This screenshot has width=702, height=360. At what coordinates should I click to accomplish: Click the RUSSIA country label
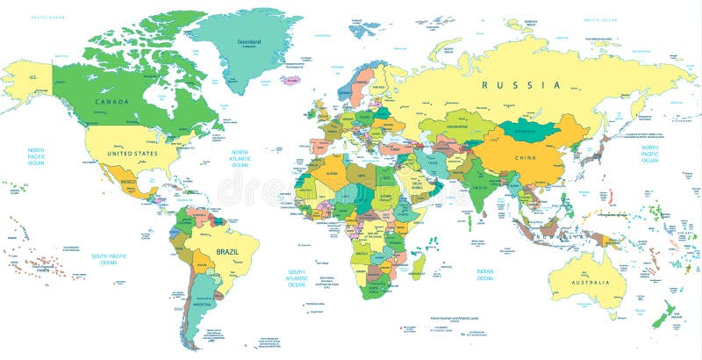pyautogui.click(x=520, y=85)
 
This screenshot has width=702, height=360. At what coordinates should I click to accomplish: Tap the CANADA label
pyautogui.click(x=111, y=102)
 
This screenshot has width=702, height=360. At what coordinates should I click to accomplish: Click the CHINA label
pyautogui.click(x=526, y=158)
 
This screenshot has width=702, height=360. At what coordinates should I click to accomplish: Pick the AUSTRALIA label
pyautogui.click(x=590, y=282)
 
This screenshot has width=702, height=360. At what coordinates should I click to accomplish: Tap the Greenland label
pyautogui.click(x=249, y=41)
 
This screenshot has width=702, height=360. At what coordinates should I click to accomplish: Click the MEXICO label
pyautogui.click(x=129, y=183)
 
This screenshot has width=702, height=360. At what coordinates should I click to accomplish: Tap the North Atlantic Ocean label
pyautogui.click(x=240, y=158)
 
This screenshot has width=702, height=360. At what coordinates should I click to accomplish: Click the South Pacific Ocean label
pyautogui.click(x=109, y=259)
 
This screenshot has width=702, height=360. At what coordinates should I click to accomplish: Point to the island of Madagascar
pyautogui.click(x=419, y=264)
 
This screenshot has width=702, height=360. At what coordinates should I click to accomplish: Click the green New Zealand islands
pyautogui.click(x=663, y=313)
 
